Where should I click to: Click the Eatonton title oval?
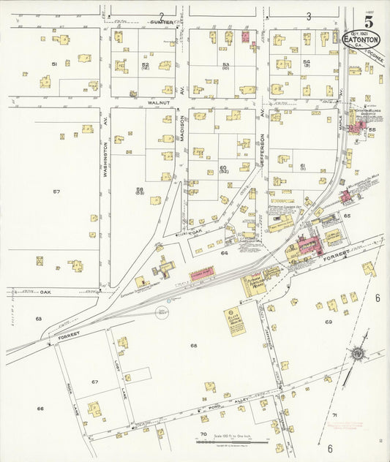pyautogui.click(x=361, y=39)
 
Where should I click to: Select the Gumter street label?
pyautogui.click(x=162, y=23)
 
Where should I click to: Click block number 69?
pyautogui.click(x=329, y=322)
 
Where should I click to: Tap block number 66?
pyautogui.click(x=40, y=409)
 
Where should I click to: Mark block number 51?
pyautogui.click(x=54, y=64)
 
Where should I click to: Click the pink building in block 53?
pyautogui.click(x=245, y=37)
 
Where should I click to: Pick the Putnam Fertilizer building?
pyautogui.click(x=256, y=282)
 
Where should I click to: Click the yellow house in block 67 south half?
pyautogui.click(x=94, y=409)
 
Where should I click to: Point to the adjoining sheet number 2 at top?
pyautogui.click(x=161, y=15)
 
